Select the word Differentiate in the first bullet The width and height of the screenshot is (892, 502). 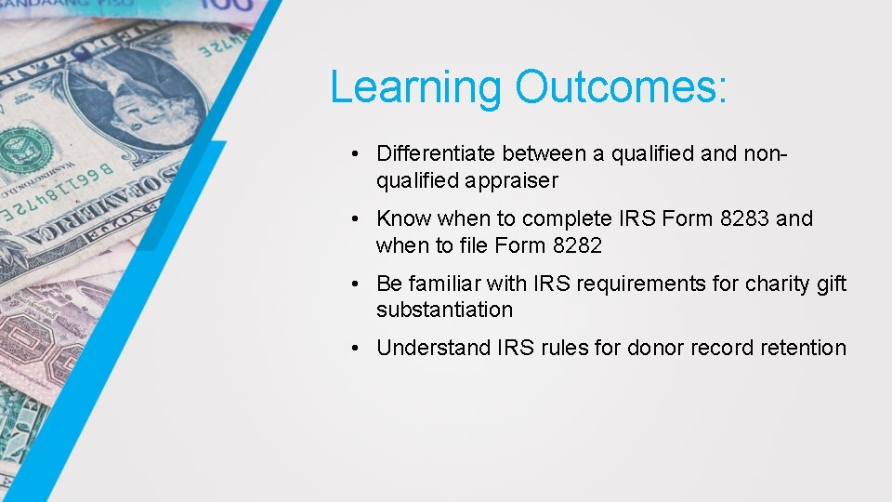436,153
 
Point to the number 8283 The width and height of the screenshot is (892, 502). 745,218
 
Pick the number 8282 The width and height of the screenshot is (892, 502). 576,245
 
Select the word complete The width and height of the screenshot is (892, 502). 562,218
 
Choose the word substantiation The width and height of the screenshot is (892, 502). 444,310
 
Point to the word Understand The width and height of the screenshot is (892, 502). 433,348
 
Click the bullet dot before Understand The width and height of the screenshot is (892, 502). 357,349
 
